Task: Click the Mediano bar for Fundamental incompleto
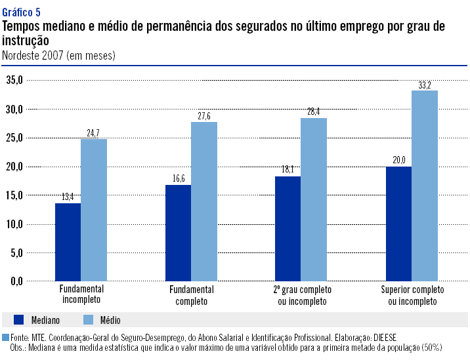(x=68, y=242)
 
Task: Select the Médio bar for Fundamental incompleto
(x=93, y=210)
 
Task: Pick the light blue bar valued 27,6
(x=204, y=201)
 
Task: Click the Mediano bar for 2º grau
(x=288, y=229)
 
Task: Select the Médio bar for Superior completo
(x=425, y=186)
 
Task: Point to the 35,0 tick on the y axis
(x=14, y=80)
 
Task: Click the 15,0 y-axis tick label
(x=14, y=195)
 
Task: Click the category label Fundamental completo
(x=192, y=296)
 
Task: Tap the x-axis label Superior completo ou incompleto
(x=412, y=296)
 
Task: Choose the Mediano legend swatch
(x=18, y=320)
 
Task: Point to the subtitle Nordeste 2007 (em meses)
(x=59, y=56)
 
